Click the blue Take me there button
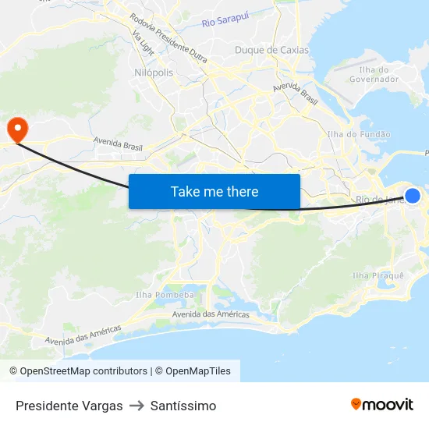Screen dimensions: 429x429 click(214, 191)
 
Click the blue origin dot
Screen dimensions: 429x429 click(413, 196)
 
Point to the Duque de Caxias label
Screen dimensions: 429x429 click(271, 50)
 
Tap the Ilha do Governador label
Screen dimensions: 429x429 click(374, 74)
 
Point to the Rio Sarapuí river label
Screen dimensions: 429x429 click(225, 23)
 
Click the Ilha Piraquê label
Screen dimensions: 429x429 click(378, 275)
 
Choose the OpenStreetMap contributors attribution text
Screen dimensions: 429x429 click(78, 371)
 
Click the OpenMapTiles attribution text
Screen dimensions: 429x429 click(197, 371)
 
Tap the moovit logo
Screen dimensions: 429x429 click(382, 405)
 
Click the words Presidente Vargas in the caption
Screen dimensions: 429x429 click(69, 406)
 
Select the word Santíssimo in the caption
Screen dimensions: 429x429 click(183, 406)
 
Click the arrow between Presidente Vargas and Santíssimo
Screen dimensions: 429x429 click(136, 406)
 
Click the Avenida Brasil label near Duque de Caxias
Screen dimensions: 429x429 click(296, 94)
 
